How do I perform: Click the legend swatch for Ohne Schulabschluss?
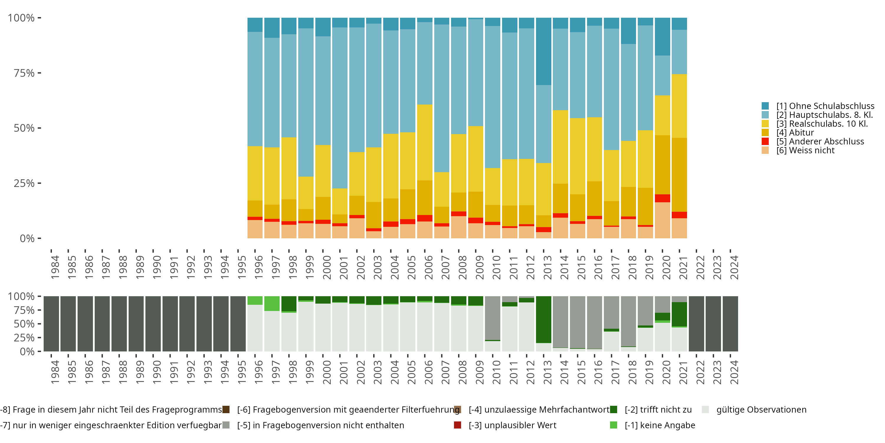765,106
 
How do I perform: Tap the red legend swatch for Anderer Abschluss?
765,141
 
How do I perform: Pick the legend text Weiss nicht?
805,151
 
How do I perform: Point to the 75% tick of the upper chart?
24,73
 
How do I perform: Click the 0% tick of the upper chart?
27,238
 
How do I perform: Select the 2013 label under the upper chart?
547,268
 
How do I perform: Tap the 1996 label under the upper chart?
259,268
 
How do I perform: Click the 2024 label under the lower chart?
734,372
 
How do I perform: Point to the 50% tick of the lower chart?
24,324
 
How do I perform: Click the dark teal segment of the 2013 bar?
543,52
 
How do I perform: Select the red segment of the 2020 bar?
662,198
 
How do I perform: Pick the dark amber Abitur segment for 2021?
679,175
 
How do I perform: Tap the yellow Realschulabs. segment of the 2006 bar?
425,142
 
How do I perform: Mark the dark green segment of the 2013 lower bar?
543,320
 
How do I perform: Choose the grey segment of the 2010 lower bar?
493,318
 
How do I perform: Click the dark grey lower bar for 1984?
51,324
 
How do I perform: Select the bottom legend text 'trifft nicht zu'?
658,410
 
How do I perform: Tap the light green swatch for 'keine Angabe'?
613,425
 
